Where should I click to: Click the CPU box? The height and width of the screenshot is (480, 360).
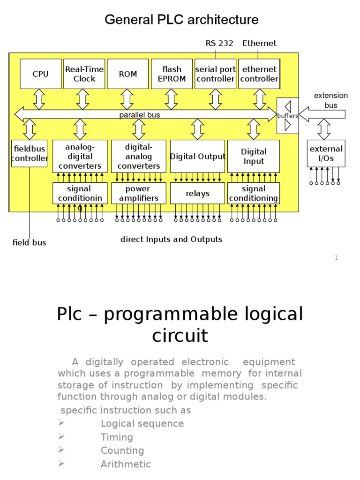[40, 74]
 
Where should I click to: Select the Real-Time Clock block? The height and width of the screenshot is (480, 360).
[84, 74]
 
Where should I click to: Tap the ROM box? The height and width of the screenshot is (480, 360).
[128, 74]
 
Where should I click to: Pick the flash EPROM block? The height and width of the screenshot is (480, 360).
[172, 74]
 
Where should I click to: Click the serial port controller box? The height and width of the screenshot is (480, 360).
[216, 74]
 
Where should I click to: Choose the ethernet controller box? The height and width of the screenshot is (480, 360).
[259, 74]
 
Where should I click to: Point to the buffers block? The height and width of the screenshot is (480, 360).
[287, 116]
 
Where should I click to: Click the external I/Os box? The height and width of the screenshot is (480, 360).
[326, 153]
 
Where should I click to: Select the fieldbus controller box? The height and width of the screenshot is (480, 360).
[30, 153]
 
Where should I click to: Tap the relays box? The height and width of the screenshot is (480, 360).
[197, 193]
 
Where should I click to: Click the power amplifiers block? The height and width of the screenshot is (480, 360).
[138, 193]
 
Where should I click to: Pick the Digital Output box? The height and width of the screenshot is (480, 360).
[197, 156]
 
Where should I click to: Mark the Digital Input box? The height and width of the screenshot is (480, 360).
[254, 156]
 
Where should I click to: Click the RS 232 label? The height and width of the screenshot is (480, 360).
[218, 44]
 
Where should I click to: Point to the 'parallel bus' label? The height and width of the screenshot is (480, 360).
[140, 115]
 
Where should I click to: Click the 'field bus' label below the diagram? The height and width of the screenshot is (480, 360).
[29, 243]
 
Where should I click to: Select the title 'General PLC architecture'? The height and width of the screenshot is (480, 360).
[181, 20]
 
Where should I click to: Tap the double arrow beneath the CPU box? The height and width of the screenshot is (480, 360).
[39, 99]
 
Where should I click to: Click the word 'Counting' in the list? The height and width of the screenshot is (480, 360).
[122, 450]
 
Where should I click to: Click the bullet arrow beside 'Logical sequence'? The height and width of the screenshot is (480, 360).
[60, 423]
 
